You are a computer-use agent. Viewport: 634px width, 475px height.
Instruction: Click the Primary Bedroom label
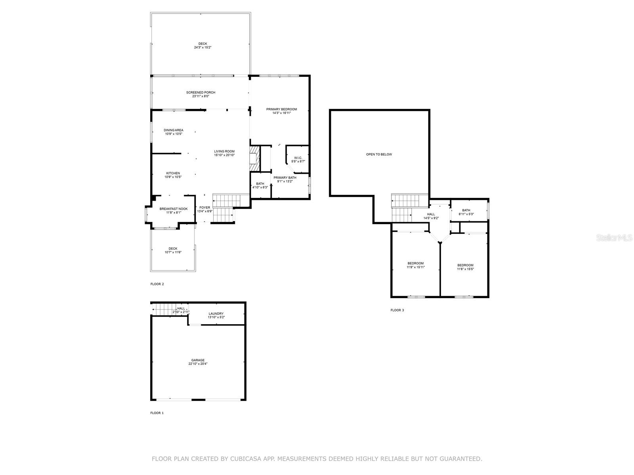(281, 109)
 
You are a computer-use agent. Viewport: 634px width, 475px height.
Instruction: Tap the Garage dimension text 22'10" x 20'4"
(198, 364)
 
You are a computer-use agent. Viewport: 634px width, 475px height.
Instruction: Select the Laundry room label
(216, 313)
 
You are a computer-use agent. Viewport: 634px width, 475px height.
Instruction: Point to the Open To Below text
(379, 154)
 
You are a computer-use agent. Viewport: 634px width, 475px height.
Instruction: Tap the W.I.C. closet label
(298, 158)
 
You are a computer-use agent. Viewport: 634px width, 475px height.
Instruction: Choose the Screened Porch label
(201, 93)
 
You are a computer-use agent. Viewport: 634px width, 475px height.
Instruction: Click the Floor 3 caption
(397, 310)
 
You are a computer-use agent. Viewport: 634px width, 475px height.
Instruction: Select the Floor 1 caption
(157, 413)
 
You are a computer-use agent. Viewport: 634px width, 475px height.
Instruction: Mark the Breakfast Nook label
(174, 209)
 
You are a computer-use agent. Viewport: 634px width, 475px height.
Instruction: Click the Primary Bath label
(285, 178)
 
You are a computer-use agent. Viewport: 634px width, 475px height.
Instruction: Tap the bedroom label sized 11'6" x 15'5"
(465, 265)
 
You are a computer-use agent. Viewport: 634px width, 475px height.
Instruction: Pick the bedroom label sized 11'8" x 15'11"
(415, 263)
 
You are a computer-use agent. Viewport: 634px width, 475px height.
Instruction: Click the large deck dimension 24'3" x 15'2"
(202, 47)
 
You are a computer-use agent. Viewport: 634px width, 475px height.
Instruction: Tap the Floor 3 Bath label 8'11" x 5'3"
(466, 211)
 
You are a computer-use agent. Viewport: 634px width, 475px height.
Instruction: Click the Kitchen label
(173, 173)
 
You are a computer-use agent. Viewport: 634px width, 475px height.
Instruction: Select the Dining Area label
(174, 130)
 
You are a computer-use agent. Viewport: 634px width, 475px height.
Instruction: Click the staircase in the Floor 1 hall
(162, 309)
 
